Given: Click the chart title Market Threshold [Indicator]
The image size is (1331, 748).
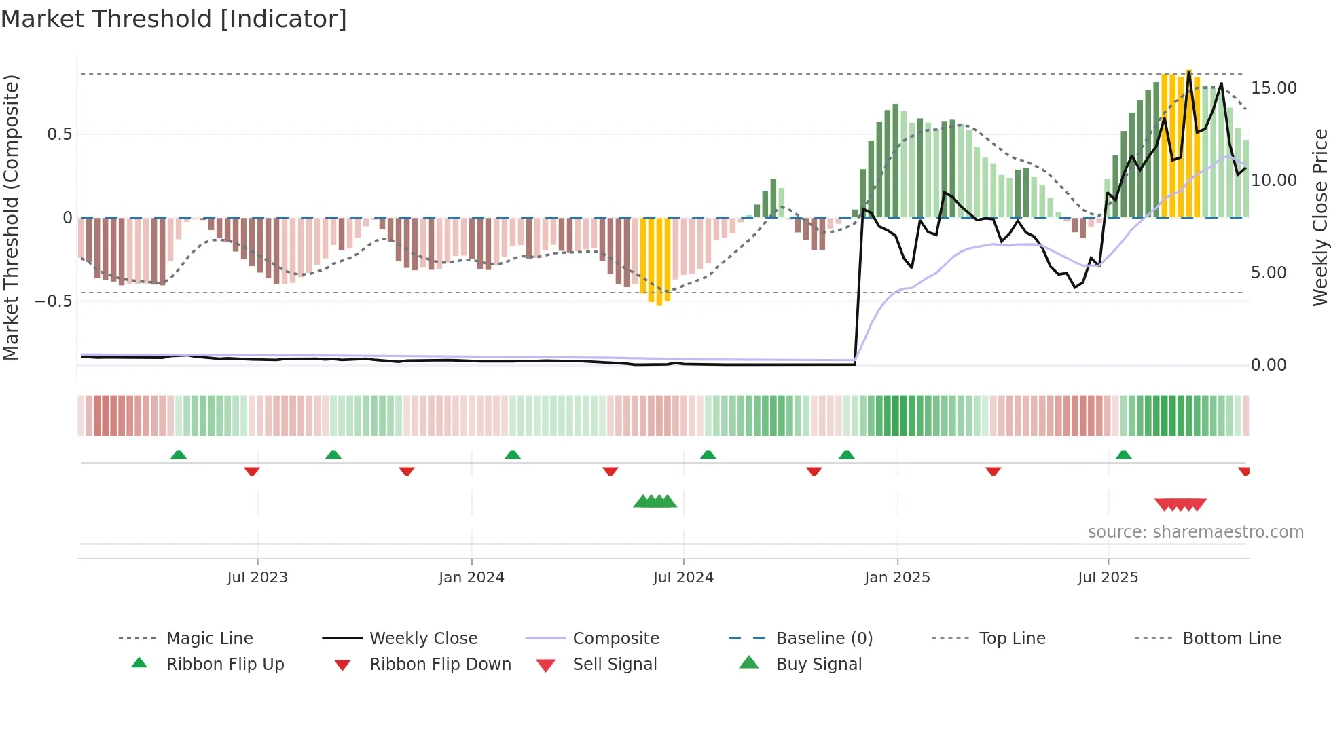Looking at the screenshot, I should (174, 19).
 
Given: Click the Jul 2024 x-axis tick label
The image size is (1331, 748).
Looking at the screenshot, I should (683, 578).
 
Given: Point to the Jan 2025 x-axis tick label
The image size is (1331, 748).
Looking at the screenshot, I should (897, 578).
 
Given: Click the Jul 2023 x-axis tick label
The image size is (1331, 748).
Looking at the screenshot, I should (257, 578).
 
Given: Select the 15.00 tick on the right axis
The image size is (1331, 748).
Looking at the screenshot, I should (1273, 88).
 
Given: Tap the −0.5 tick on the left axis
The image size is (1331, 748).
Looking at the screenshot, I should (54, 301).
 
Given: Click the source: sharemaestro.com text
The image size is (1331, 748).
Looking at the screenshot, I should (1195, 532).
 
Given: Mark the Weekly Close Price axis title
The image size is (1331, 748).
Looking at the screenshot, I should (1319, 217).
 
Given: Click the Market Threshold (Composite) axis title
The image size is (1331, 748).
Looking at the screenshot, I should (11, 217).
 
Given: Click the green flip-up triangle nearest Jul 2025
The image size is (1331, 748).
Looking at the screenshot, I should (1123, 454).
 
